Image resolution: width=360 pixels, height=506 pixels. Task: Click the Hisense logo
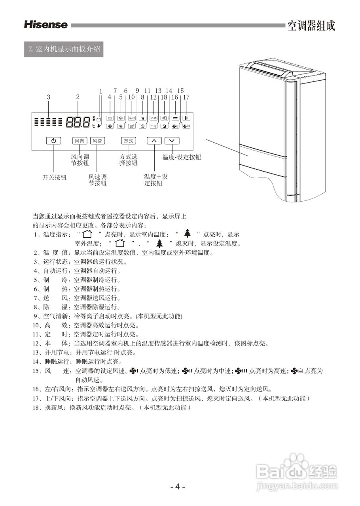point(46,25)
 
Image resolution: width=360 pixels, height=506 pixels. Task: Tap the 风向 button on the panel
point(79,141)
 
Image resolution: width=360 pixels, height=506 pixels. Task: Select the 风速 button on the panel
point(97,141)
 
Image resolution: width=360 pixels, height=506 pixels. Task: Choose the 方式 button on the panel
point(128,141)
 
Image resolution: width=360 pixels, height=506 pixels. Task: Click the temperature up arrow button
point(154,141)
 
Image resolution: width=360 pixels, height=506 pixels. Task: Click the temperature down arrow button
point(172,141)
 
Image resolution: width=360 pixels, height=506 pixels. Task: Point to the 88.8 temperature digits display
point(78,122)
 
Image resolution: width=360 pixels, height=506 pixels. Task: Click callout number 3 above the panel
point(48,97)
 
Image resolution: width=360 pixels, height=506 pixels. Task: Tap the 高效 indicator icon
point(132,118)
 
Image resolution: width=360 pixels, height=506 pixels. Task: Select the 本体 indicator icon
point(153,118)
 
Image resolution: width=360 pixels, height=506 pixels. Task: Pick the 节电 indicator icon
point(153,126)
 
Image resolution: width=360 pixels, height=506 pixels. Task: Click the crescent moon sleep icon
point(165,126)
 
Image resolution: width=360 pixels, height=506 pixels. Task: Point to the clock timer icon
point(143,126)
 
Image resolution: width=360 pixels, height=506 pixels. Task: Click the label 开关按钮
point(55,177)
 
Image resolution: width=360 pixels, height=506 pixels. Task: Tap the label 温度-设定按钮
point(182,157)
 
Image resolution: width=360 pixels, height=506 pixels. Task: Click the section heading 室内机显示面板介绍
point(64,50)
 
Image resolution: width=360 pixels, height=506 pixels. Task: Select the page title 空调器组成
point(311,26)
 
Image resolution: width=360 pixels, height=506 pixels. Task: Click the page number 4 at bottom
point(178,487)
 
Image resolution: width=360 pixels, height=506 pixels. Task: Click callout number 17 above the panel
point(187,97)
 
